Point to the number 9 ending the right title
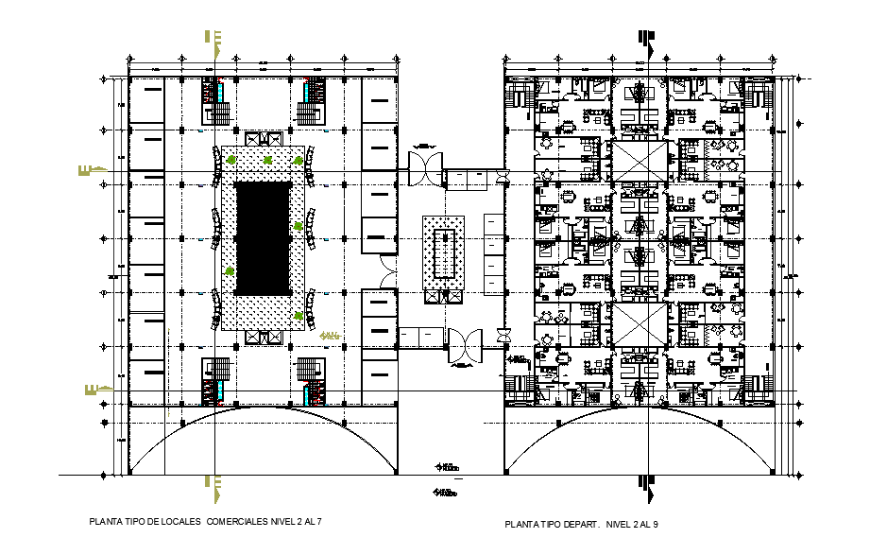(656, 524)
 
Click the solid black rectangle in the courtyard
(262, 237)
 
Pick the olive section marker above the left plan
(216, 40)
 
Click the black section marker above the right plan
(646, 40)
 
